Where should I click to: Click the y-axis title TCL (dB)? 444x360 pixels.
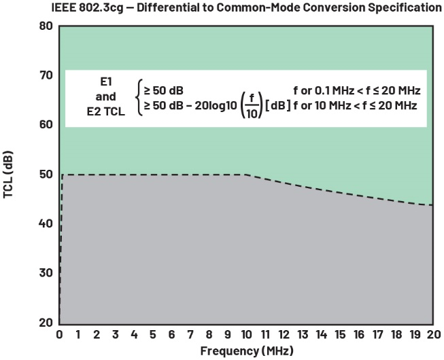9,175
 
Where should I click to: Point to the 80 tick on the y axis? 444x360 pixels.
46,26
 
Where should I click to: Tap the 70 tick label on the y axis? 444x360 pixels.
46,75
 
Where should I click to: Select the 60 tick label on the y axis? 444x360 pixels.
46,125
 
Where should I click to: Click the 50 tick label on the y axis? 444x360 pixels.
46,175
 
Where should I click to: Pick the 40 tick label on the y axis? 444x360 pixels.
46,223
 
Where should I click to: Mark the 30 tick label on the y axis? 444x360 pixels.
46,273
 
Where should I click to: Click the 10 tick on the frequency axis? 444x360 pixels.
245,335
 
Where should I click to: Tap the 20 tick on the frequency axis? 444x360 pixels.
431,335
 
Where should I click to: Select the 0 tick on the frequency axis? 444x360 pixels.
60,335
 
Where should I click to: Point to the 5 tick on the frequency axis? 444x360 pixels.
152,335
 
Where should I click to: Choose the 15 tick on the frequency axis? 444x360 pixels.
338,335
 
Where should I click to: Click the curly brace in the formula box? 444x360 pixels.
139,98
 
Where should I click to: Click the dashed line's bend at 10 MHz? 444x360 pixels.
245,175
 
